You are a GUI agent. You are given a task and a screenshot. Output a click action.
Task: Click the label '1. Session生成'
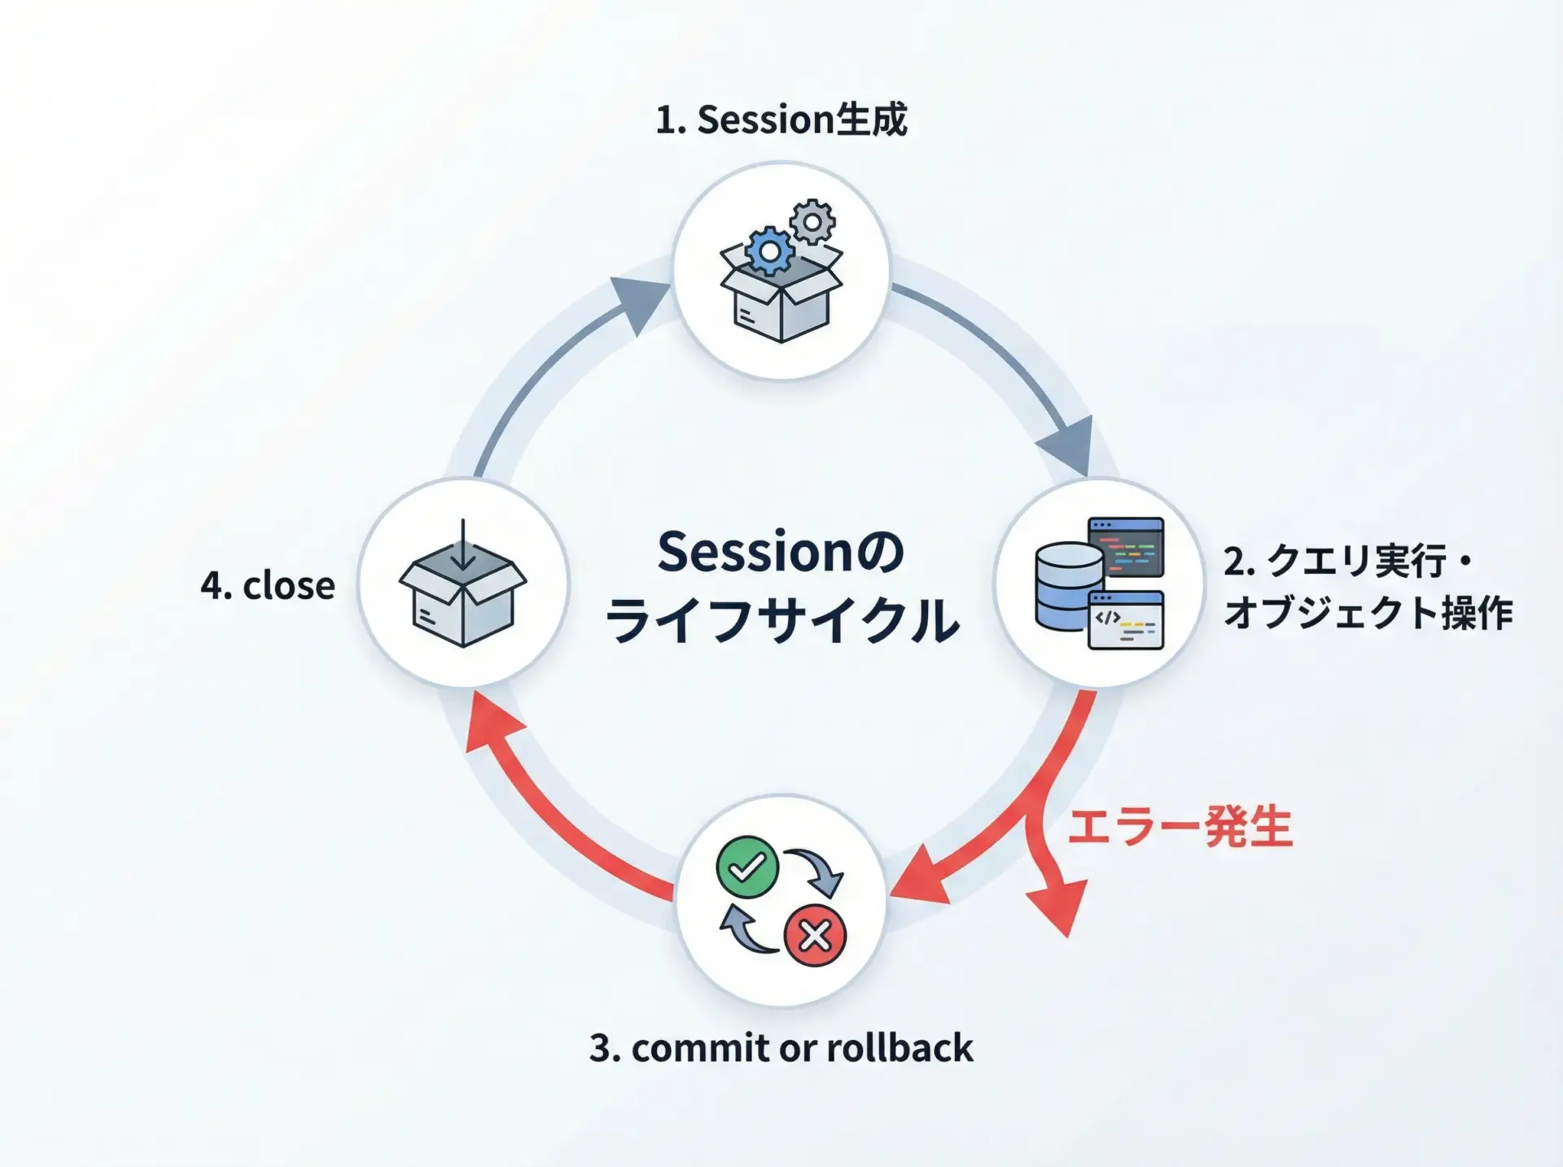click(x=781, y=120)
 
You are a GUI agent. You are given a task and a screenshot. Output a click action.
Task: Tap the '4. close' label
click(x=268, y=585)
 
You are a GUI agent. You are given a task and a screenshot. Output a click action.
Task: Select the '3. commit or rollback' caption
click(x=781, y=1047)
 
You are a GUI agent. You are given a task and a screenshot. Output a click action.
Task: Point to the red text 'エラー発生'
click(x=1180, y=828)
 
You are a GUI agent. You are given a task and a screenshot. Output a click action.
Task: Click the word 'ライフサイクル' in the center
click(x=781, y=620)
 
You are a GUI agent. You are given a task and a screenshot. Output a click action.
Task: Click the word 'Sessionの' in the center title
click(x=781, y=552)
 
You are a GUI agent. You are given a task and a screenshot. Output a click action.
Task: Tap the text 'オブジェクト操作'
click(x=1368, y=613)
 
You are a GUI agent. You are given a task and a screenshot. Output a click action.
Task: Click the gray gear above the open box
click(x=812, y=221)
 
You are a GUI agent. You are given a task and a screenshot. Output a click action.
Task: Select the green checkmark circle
click(x=747, y=867)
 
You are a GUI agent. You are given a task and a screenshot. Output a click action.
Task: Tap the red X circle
click(x=815, y=935)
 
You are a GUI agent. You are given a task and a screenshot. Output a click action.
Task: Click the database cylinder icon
click(x=1068, y=587)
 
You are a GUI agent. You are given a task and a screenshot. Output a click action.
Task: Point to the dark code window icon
click(x=1126, y=547)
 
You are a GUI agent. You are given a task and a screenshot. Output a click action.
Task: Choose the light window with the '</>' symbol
click(x=1126, y=620)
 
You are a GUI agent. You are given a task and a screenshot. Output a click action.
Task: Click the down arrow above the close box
click(x=462, y=544)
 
